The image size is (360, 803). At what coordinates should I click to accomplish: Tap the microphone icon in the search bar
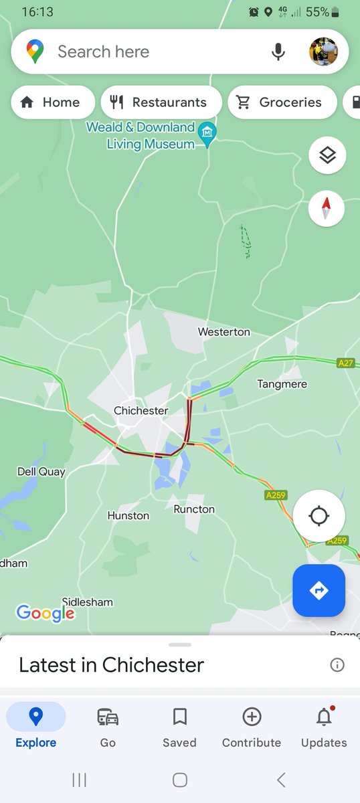click(278, 52)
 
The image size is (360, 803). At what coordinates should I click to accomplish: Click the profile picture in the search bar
click(328, 52)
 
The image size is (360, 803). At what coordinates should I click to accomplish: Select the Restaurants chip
click(161, 102)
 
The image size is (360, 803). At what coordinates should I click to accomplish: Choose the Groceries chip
click(281, 102)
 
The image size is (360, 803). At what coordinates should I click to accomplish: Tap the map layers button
click(327, 156)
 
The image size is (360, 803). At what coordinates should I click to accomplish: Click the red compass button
click(327, 209)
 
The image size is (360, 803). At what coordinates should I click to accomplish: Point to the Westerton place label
click(224, 332)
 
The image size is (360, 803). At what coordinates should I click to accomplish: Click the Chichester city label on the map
click(141, 410)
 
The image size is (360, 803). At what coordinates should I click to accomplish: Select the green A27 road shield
click(345, 363)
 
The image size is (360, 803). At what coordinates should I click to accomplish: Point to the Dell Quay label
click(41, 472)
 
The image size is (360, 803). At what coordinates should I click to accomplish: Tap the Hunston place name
click(128, 515)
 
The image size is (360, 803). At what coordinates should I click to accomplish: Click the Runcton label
click(194, 509)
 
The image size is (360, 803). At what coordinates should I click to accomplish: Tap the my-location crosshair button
click(319, 517)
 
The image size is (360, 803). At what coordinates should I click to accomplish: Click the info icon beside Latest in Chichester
click(337, 664)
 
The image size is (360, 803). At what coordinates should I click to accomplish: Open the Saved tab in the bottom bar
click(179, 727)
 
